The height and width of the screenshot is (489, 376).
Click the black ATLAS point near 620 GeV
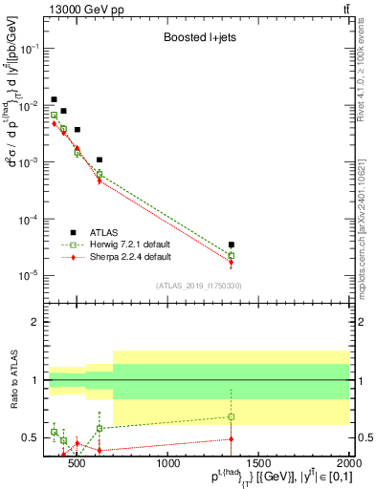point(100,159)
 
